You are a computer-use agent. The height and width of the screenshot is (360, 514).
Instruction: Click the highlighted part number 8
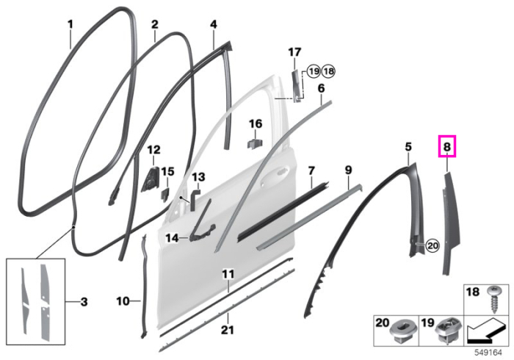click(x=447, y=147)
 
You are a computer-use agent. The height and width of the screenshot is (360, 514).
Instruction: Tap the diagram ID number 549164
click(x=488, y=353)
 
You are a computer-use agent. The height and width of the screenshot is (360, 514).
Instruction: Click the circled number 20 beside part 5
click(x=433, y=245)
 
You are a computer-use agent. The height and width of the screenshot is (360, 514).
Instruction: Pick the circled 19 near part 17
click(x=314, y=71)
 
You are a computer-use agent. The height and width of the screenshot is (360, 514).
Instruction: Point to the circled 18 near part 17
click(x=329, y=71)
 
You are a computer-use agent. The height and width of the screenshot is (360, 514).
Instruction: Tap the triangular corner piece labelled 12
click(x=151, y=179)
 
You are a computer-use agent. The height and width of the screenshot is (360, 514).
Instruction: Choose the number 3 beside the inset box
click(x=84, y=302)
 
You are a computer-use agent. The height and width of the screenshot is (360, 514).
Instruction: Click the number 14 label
click(x=172, y=238)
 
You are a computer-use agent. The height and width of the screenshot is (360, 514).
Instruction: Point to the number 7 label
click(x=311, y=171)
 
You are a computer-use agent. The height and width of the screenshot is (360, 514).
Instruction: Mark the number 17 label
click(x=294, y=52)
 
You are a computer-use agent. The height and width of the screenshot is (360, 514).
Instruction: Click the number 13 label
click(x=198, y=177)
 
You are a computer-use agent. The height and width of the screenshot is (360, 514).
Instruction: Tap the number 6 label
click(x=321, y=88)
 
